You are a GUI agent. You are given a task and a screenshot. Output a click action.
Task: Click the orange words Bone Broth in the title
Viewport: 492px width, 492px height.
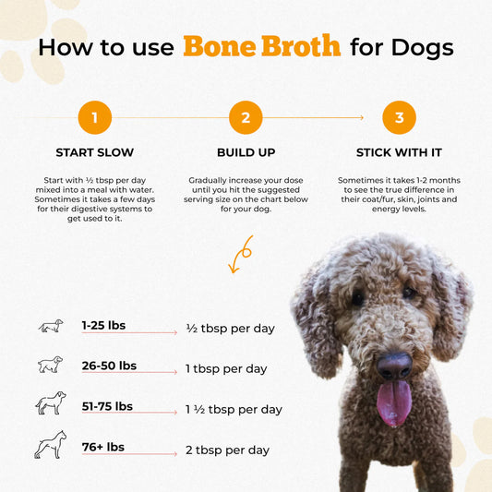point(261,46)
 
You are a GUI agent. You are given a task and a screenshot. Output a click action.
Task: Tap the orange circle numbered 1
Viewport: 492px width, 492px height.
point(95,118)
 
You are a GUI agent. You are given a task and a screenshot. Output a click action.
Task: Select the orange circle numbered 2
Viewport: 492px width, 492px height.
point(246,118)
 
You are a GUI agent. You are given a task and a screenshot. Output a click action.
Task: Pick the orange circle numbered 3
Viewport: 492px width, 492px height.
point(399,118)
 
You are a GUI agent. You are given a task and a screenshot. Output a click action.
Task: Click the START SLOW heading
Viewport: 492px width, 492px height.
point(94,152)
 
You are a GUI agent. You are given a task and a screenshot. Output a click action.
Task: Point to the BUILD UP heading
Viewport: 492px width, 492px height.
point(246,152)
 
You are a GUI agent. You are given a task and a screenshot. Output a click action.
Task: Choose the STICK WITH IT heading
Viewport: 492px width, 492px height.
point(398,152)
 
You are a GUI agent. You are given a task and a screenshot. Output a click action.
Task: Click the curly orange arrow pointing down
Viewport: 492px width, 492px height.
point(242,254)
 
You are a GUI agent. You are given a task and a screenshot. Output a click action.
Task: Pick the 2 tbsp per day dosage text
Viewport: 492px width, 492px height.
point(227,450)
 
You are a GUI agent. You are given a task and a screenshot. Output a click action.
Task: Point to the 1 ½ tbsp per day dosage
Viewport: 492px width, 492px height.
point(234,409)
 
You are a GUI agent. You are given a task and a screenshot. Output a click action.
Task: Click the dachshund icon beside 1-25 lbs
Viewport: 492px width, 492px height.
point(51,326)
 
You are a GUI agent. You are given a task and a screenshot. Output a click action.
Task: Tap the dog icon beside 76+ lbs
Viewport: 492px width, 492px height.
point(51,445)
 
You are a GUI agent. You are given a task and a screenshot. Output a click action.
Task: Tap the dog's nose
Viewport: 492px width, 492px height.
point(394,366)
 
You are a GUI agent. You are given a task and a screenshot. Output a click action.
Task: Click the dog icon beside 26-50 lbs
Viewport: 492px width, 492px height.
point(51,366)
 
